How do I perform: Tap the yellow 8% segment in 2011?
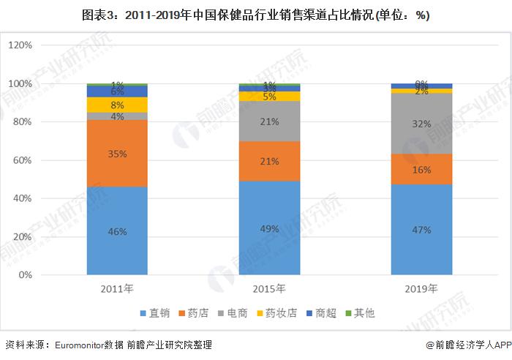click(117, 105)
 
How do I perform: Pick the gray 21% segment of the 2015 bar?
click(269, 121)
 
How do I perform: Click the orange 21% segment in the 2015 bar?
click(269, 161)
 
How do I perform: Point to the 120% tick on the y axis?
click(20, 45)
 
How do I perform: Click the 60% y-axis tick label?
click(22, 160)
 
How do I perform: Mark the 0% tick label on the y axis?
click(25, 275)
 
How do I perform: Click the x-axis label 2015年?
click(269, 288)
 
